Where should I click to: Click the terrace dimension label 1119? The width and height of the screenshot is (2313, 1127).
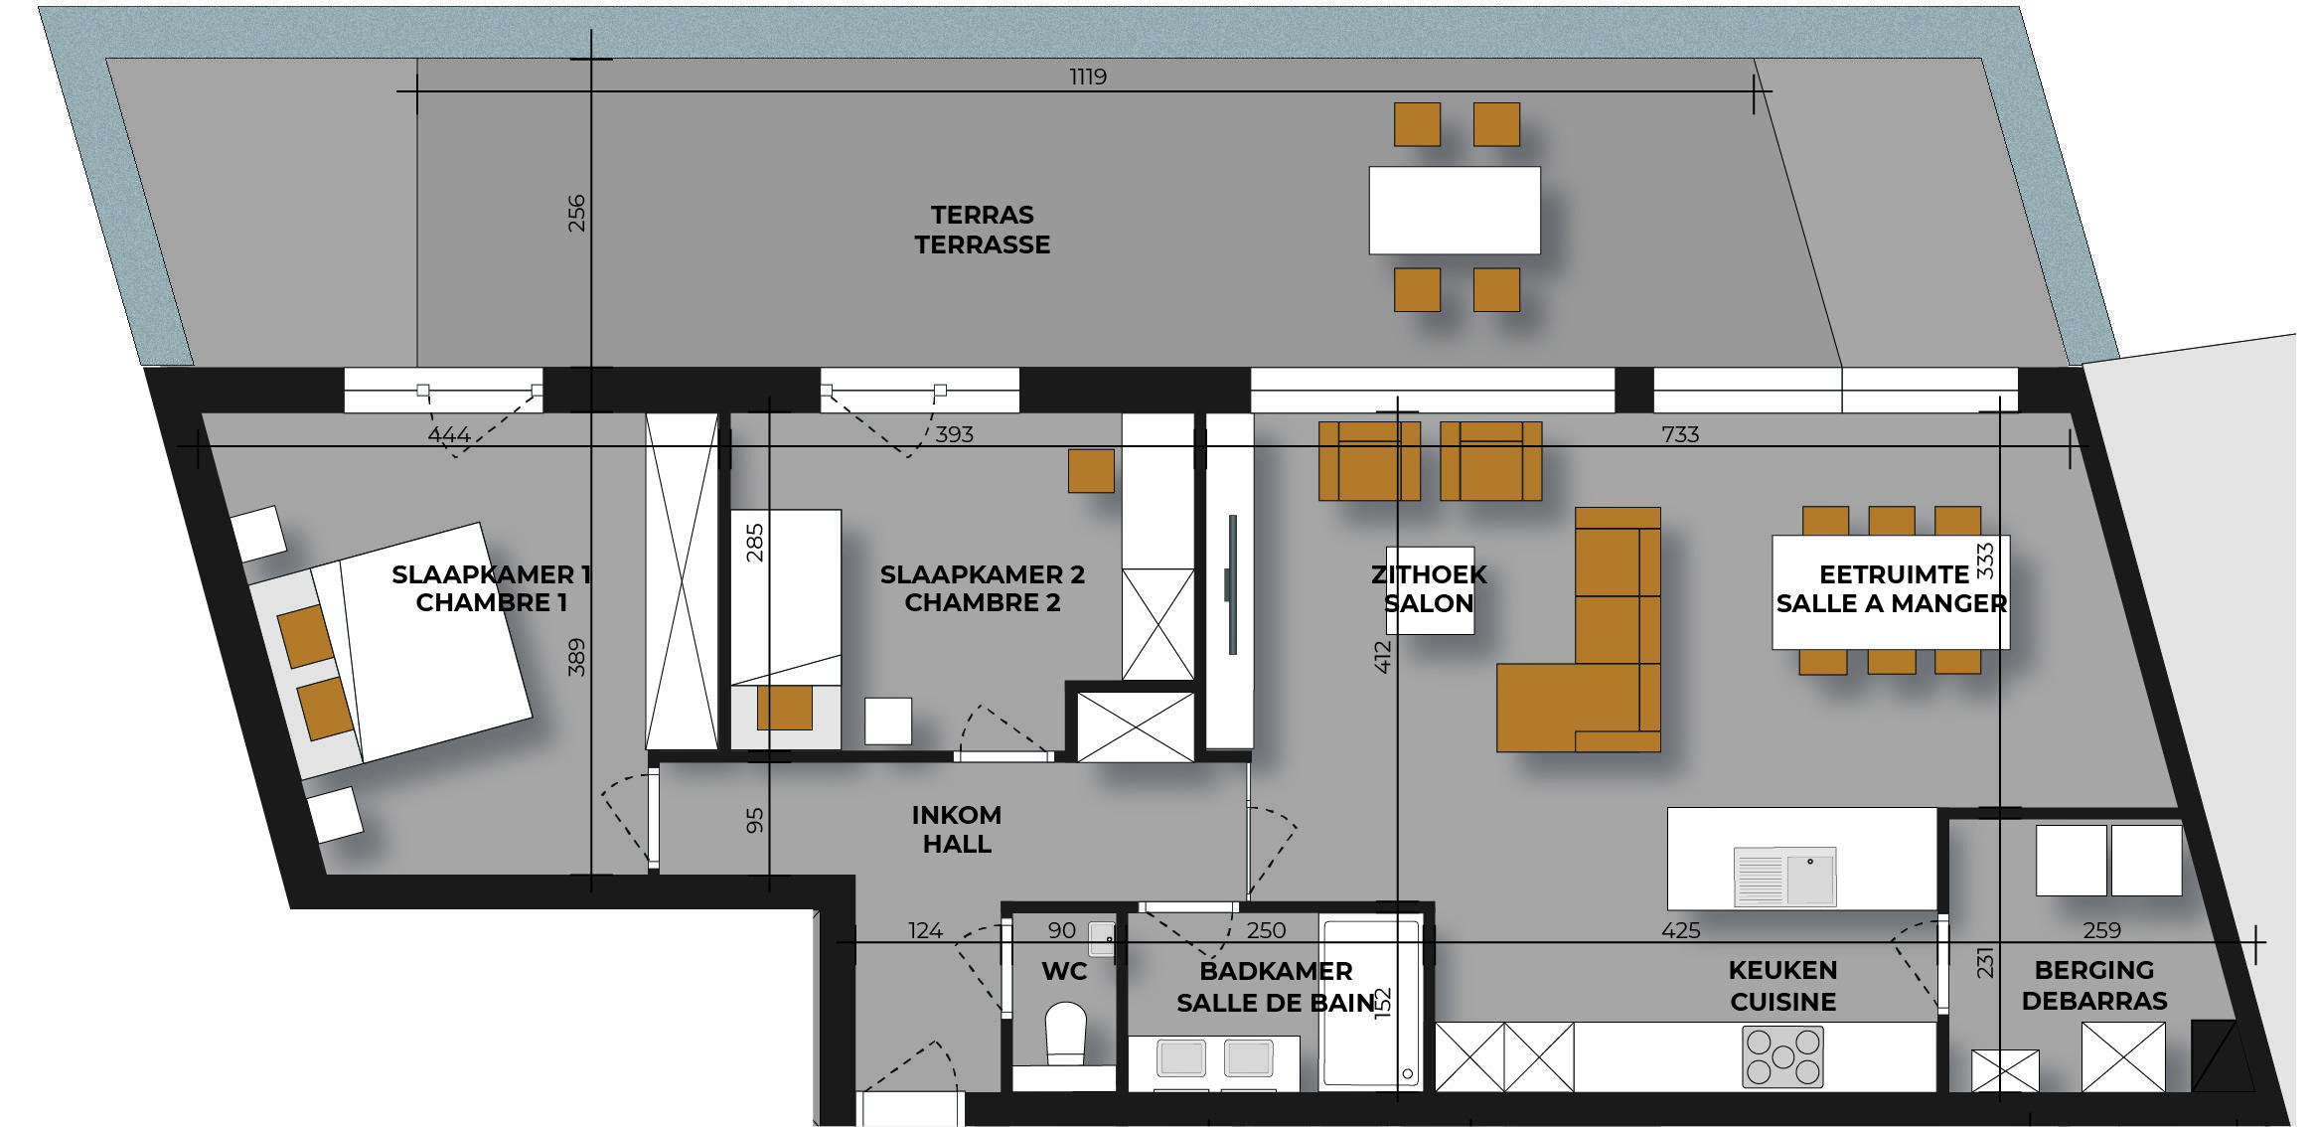coord(1088,77)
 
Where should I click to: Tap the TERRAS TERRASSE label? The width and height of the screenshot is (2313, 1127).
coord(982,230)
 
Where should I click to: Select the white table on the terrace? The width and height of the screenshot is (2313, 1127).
coord(1455,210)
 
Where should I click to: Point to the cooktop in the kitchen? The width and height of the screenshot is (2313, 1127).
coord(1782,1056)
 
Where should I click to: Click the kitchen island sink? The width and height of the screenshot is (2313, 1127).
coord(1784,877)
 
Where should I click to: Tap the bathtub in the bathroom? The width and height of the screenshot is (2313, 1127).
coord(1371,1003)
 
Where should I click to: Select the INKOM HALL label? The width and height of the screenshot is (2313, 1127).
coord(957,829)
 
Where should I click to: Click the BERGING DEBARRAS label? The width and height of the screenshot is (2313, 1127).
coord(2094,985)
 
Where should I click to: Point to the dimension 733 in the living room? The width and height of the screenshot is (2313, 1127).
coord(1680,434)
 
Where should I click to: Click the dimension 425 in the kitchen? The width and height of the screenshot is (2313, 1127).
coord(1680,930)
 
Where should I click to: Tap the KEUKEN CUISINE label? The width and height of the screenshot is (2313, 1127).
coord(1782,985)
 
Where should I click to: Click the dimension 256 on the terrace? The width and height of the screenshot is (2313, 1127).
coord(576,214)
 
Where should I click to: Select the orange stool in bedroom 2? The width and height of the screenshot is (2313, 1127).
coord(1091,471)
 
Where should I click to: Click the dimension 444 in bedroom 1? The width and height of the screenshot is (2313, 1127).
coord(449,434)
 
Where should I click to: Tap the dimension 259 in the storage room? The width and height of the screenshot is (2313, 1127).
coord(2101,930)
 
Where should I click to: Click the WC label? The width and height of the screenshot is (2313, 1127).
coord(1064,971)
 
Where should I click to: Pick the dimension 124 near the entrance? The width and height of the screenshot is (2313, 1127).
coord(925,930)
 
